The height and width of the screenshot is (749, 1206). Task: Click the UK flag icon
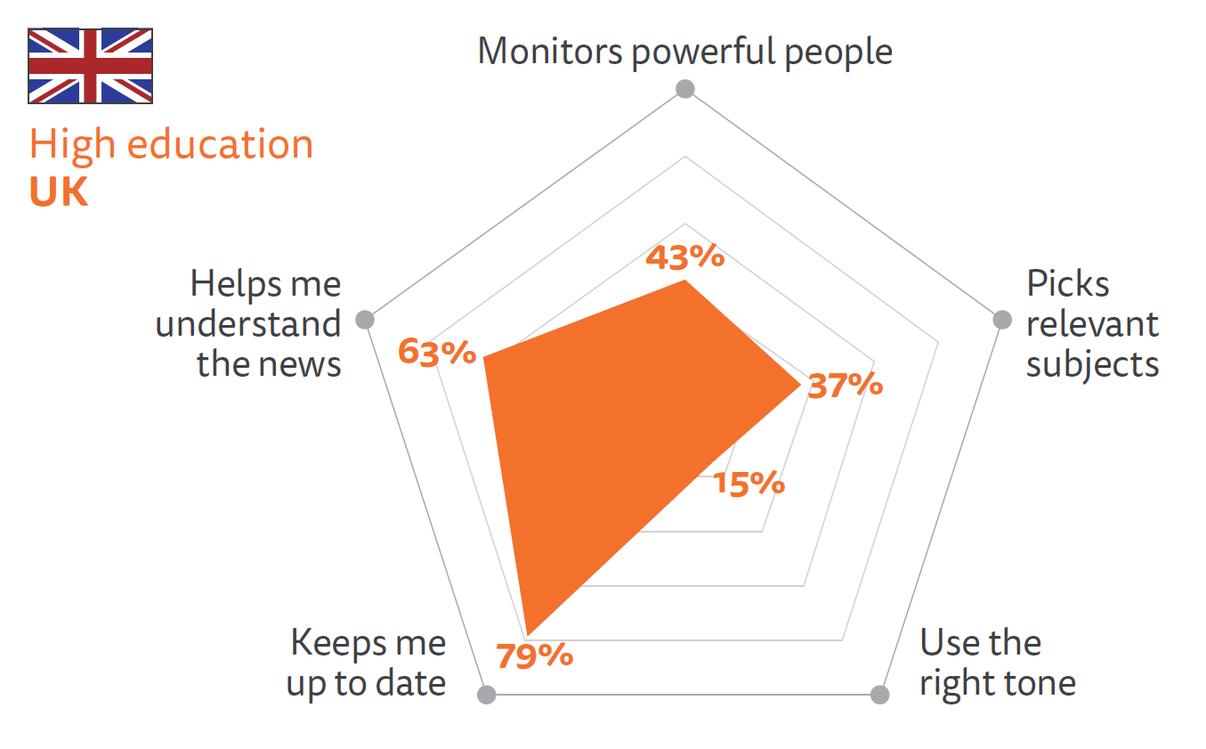[90, 66]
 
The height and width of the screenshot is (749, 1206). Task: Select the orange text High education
[171, 145]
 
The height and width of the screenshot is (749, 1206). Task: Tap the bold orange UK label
[59, 192]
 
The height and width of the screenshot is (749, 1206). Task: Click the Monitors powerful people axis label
[684, 52]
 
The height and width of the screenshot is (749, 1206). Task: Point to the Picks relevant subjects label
[1092, 324]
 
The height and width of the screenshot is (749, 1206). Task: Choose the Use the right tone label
[997, 663]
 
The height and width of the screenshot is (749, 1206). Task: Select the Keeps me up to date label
[366, 663]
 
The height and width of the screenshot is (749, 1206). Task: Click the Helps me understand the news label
[249, 324]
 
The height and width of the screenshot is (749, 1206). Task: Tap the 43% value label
[684, 257]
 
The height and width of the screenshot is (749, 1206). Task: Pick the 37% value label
[845, 386]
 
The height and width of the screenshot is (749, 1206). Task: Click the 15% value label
[749, 484]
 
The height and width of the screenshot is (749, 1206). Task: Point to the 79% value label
[534, 656]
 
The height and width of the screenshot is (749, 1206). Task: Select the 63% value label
[437, 352]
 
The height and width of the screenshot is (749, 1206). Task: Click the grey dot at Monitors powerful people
[684, 88]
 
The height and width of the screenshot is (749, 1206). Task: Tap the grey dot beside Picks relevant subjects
[1001, 319]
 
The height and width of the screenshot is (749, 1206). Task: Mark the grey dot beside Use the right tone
[879, 695]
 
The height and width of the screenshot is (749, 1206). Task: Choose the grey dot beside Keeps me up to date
[487, 695]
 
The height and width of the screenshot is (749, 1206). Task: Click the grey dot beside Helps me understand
[364, 320]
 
